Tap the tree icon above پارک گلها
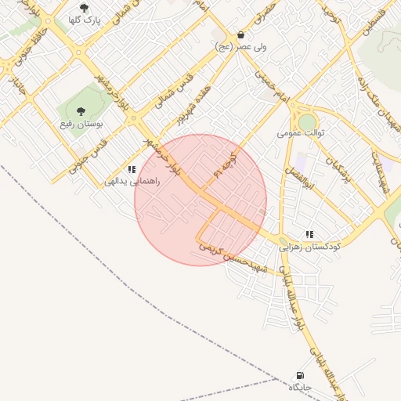pos(83,8)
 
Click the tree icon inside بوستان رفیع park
pos(81,112)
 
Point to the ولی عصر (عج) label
pos(240,47)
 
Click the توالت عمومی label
pos(301,133)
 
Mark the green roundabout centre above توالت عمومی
pos(307,122)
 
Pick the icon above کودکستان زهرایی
pos(309,234)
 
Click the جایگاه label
pos(300,387)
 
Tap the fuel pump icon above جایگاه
pos(300,376)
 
